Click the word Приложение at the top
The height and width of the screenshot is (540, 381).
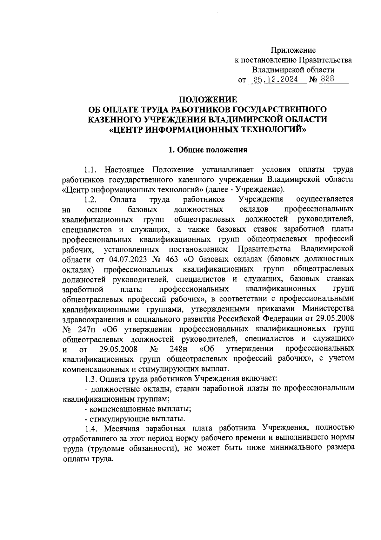tap(293, 50)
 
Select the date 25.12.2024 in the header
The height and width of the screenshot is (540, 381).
tap(273, 80)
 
